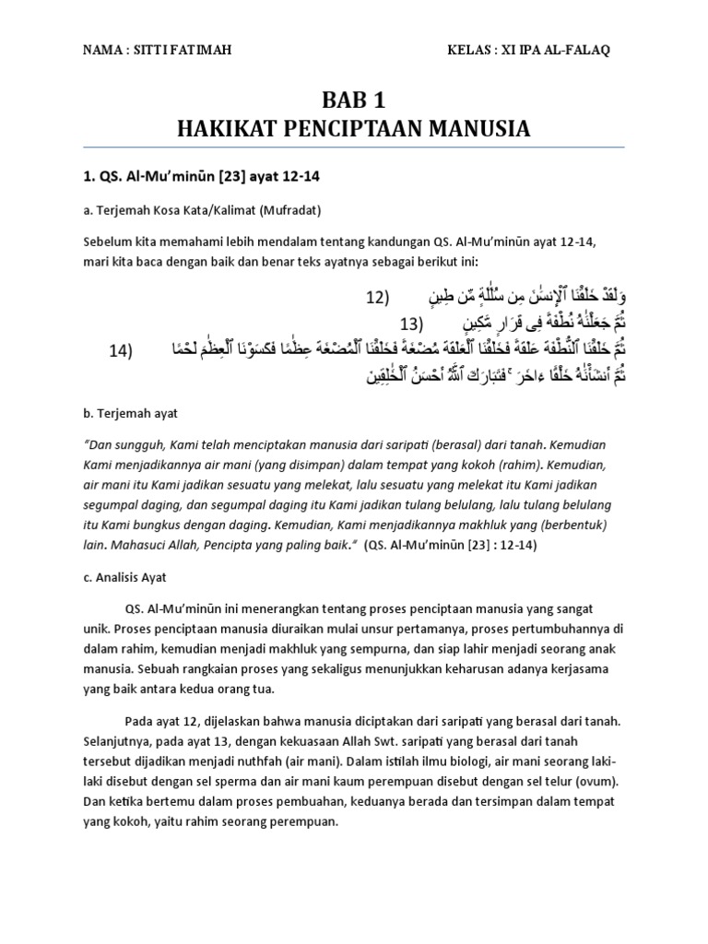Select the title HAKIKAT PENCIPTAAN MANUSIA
pyautogui.click(x=354, y=127)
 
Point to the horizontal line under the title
pyautogui.click(x=354, y=147)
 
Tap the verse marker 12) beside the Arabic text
pyautogui.click(x=379, y=299)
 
